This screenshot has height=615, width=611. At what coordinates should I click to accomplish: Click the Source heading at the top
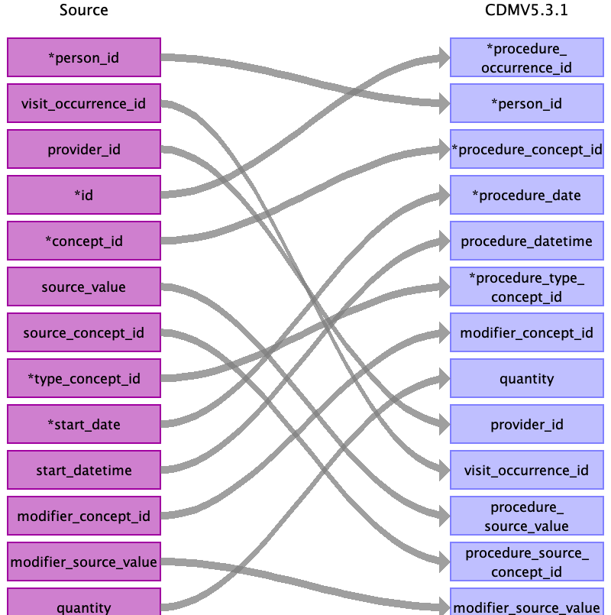(x=84, y=11)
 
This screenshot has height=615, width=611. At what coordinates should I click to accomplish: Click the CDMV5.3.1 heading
(x=526, y=11)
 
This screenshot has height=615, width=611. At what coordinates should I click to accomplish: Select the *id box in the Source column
(x=84, y=196)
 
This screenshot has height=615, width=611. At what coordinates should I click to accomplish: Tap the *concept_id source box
(x=84, y=241)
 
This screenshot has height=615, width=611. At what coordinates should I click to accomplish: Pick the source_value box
(x=84, y=287)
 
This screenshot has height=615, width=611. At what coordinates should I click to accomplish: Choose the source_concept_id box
(x=84, y=333)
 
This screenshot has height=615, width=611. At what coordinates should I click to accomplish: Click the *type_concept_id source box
(x=84, y=379)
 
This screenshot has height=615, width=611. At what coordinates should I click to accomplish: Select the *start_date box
(x=84, y=425)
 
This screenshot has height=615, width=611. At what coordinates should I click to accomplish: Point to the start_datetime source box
(x=84, y=471)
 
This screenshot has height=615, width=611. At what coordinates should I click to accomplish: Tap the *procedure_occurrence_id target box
(x=526, y=58)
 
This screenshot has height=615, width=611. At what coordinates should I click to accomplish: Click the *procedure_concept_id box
(x=526, y=150)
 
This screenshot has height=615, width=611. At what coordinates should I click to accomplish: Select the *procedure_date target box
(x=526, y=196)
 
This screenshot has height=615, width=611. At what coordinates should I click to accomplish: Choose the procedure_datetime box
(x=526, y=241)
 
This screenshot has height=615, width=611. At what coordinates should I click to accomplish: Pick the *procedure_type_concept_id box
(x=526, y=287)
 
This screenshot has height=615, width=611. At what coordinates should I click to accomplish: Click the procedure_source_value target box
(x=526, y=516)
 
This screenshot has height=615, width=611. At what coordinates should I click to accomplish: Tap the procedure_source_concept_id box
(x=526, y=562)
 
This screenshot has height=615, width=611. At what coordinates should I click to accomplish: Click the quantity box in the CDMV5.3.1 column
(x=526, y=379)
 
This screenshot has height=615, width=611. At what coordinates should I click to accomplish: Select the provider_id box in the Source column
(x=84, y=150)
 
